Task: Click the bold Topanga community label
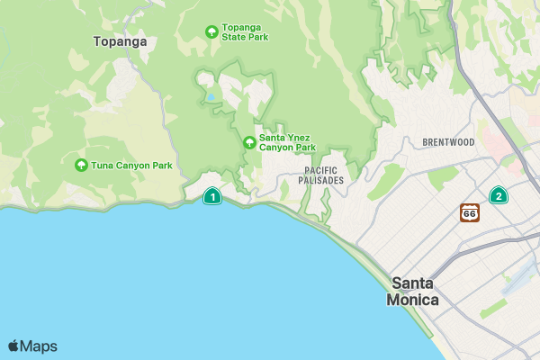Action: [x=120, y=40]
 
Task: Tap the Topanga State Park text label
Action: [x=246, y=32]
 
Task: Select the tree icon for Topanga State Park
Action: [x=211, y=32]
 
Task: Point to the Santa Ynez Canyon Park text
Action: [x=287, y=142]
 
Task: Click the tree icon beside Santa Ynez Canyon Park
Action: [x=249, y=142]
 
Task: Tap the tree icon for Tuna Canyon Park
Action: [x=82, y=166]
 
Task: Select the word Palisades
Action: [x=323, y=181]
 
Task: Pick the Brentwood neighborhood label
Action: [x=447, y=142]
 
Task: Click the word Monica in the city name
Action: [x=412, y=300]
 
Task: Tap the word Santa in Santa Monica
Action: [x=415, y=283]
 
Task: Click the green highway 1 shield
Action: [x=211, y=196]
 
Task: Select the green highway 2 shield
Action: [x=498, y=195]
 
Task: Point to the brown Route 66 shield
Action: [x=469, y=212]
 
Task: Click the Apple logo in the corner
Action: [x=13, y=346]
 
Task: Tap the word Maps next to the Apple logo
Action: [x=39, y=346]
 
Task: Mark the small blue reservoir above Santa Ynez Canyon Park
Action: [x=210, y=96]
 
